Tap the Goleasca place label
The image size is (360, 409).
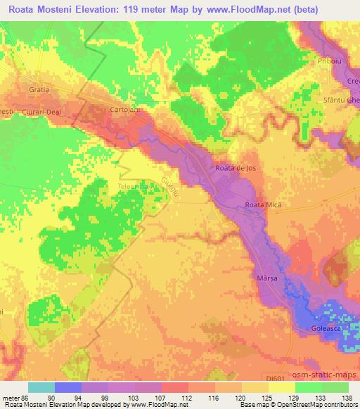329,329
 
